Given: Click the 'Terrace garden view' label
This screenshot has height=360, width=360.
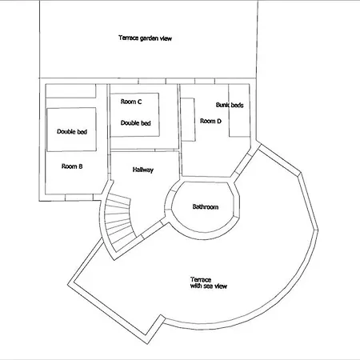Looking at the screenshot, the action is (145, 38).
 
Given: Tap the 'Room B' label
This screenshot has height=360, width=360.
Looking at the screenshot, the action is (72, 166).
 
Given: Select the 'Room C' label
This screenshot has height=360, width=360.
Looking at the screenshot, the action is (131, 102).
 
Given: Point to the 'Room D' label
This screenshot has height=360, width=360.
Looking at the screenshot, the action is (210, 121).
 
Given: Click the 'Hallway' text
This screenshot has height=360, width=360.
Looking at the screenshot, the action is (143, 170).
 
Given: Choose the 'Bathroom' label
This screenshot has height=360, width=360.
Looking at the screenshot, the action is (206, 206).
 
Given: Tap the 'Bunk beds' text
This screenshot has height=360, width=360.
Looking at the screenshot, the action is (230, 105).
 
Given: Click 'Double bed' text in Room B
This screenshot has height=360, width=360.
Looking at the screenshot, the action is (72, 131).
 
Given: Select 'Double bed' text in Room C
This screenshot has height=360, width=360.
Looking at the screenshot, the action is (136, 123).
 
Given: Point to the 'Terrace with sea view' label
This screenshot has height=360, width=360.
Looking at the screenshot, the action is (209, 283).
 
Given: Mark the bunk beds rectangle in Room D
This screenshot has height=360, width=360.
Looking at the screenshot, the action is (239, 110).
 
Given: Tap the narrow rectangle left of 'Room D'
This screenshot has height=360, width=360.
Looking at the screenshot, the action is (188, 119).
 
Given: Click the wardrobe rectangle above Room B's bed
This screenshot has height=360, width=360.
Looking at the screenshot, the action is (70, 91).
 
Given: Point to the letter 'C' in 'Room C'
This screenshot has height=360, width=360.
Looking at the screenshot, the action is (140, 102).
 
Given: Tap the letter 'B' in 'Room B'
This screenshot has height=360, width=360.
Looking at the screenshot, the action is (81, 166).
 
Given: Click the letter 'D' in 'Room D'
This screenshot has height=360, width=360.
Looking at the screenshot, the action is (219, 121).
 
